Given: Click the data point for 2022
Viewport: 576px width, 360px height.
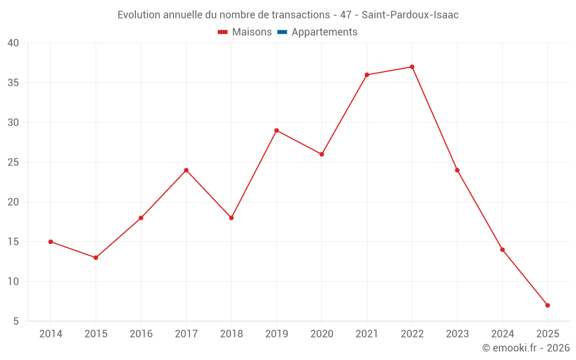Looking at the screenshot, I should click(412, 67).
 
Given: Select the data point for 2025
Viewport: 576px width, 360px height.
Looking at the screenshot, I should click(547, 305).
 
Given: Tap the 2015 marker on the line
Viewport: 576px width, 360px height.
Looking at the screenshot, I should click(96, 257).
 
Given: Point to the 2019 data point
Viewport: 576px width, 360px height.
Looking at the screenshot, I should click(276, 130).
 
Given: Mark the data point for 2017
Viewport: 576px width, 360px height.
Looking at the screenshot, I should click(186, 170).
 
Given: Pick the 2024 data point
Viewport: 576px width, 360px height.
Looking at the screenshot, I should click(502, 249).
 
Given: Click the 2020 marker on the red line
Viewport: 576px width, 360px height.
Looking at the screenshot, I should click(321, 154).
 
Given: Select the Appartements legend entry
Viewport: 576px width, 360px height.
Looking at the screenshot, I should click(324, 32).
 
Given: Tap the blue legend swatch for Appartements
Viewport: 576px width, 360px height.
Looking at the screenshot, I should click(282, 32).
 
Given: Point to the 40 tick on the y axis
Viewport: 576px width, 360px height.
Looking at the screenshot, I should click(13, 43).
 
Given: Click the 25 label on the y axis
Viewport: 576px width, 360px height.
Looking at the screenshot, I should click(13, 162).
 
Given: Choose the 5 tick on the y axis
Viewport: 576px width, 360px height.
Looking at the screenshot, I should click(16, 321).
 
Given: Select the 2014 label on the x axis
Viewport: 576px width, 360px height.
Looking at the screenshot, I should click(51, 334).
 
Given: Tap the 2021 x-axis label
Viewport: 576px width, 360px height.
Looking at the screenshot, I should click(367, 334).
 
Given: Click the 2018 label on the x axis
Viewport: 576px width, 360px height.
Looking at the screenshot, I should click(231, 334).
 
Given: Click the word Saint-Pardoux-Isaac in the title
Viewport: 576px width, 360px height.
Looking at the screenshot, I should click(410, 15).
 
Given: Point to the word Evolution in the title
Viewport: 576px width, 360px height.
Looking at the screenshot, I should click(139, 15).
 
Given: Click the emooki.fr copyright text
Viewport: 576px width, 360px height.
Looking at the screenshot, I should click(526, 348).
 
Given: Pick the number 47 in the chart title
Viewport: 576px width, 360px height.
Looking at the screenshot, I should click(346, 15).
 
